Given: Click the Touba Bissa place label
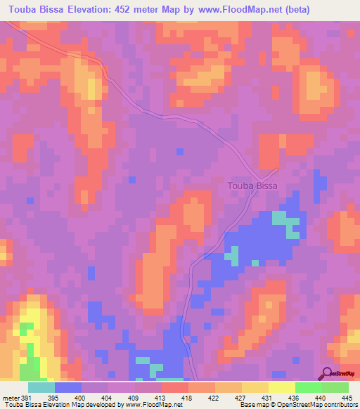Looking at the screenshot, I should [252, 186].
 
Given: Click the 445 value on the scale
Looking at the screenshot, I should [347, 398].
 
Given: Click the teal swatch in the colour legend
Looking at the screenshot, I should [41, 387].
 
